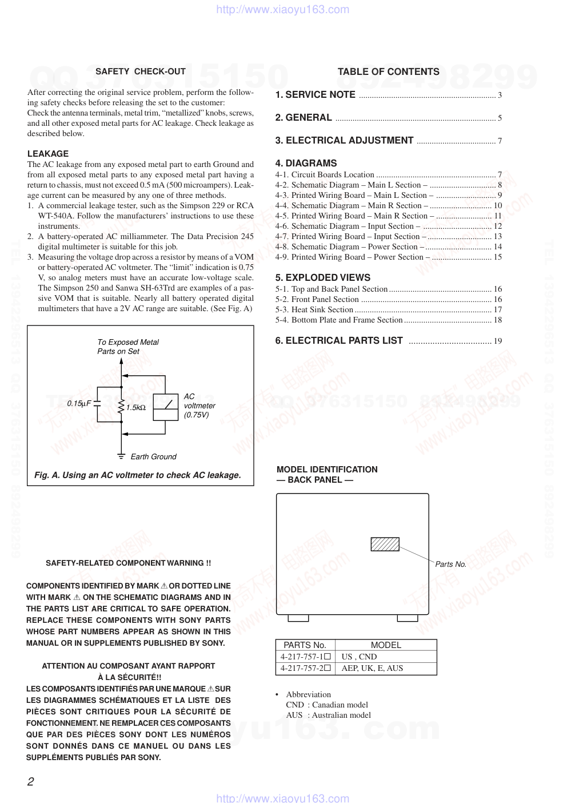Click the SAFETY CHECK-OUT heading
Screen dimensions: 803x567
tap(141, 71)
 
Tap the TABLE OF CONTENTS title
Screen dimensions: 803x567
tap(388, 71)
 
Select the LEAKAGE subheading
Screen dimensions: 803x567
tap(48, 154)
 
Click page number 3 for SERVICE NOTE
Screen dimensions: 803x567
tap(500, 96)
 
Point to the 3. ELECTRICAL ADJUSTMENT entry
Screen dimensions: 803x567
tap(344, 141)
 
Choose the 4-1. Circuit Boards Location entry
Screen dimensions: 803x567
tap(325, 175)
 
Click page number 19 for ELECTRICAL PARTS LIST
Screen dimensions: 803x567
tap(498, 341)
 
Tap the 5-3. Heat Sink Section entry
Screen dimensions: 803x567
tap(314, 310)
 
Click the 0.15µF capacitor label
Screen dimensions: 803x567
tap(79, 403)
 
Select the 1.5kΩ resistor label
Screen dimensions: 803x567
tap(136, 408)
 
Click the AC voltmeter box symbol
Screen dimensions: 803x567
tap(166, 407)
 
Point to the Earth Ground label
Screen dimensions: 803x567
tap(153, 457)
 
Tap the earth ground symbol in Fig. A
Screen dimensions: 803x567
tap(121, 456)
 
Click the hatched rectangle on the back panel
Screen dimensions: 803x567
tap(385, 544)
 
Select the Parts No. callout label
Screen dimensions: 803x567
tap(450, 565)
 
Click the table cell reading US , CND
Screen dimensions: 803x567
tap(359, 657)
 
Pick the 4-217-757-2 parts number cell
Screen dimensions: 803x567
tap(305, 669)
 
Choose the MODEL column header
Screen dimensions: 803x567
tap(386, 645)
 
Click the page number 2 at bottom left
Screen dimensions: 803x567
tap(31, 782)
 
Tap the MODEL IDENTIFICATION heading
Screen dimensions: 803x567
tap(327, 470)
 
